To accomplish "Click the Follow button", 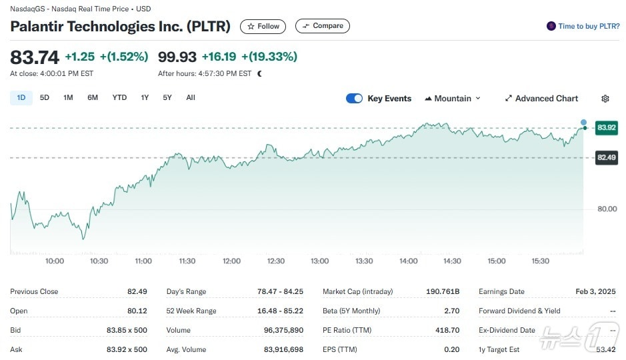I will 263,26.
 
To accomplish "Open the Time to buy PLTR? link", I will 583,26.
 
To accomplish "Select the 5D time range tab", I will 45,97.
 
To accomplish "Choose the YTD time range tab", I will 119,97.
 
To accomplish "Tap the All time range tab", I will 191,97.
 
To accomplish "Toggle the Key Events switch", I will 354,99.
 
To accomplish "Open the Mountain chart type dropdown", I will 453,99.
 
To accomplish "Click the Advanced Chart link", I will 541,99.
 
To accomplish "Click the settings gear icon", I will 605,99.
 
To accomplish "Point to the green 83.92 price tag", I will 607,127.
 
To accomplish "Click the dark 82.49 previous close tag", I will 607,157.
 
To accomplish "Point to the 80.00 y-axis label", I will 607,209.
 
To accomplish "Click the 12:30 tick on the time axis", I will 275,261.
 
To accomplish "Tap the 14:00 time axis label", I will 408,261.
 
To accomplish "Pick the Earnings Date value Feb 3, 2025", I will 595,291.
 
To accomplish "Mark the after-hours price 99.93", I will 177,57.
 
